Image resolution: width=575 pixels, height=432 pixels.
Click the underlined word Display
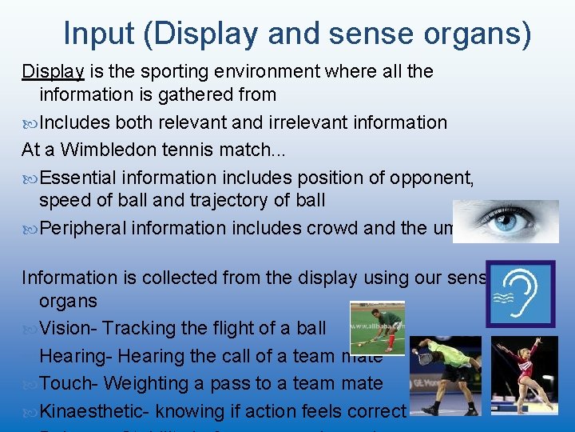coord(53,71)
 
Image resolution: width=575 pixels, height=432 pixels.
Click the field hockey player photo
coord(377,327)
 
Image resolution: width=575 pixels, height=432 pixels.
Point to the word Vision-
coord(68,328)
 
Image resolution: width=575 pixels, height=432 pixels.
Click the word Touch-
coord(69,384)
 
